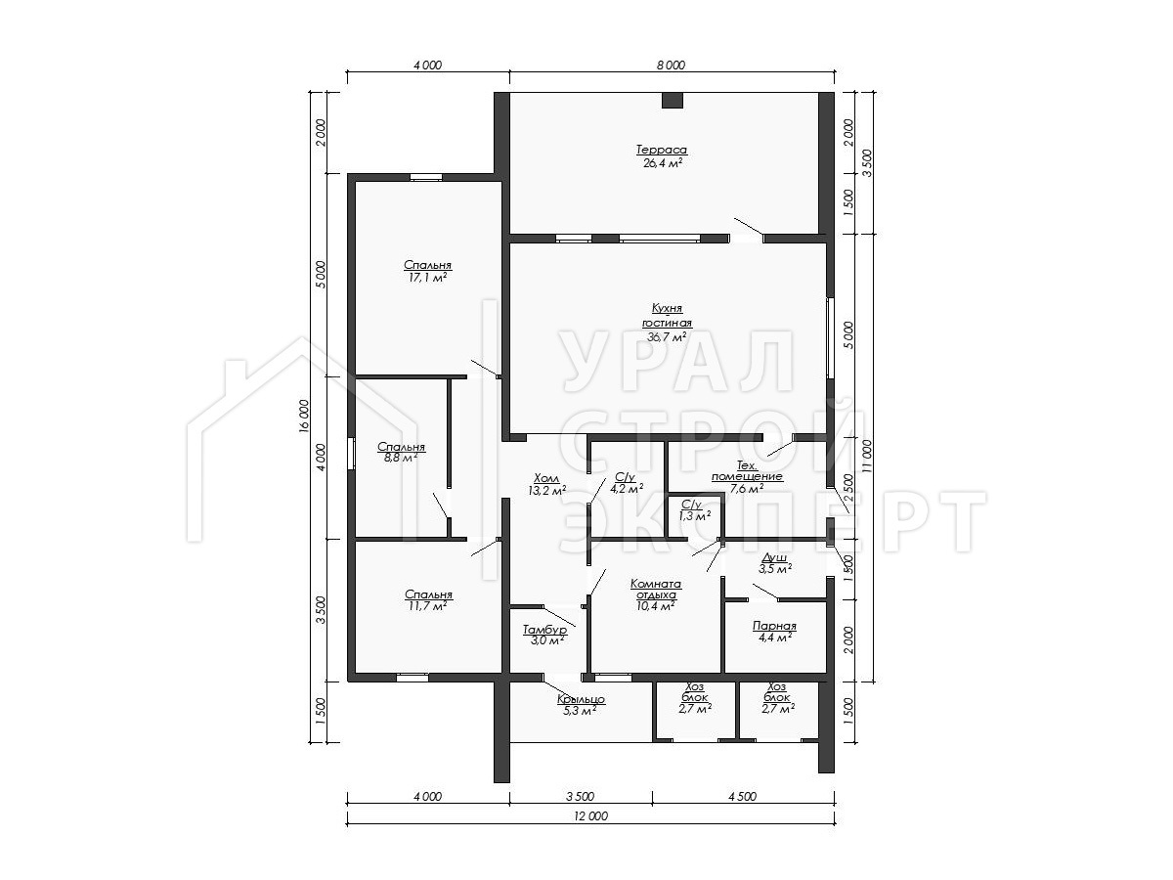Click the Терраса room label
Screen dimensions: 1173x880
662,150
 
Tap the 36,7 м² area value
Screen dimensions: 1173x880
667,337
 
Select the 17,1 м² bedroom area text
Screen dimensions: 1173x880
427,278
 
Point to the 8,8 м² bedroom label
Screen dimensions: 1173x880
401,458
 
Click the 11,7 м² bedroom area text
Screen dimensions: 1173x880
428,606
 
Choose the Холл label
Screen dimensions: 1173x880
546,478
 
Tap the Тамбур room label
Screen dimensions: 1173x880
544,630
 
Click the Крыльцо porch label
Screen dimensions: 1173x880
581,699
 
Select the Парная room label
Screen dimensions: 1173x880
774,626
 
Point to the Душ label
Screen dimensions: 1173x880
774,558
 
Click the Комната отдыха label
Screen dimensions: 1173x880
656,589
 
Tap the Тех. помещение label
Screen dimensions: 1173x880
747,470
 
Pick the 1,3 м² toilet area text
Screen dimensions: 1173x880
695,516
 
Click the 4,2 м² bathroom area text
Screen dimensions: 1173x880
627,488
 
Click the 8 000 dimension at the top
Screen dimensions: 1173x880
671,66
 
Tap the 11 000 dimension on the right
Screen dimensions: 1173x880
867,457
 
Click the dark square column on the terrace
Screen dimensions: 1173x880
673,101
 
